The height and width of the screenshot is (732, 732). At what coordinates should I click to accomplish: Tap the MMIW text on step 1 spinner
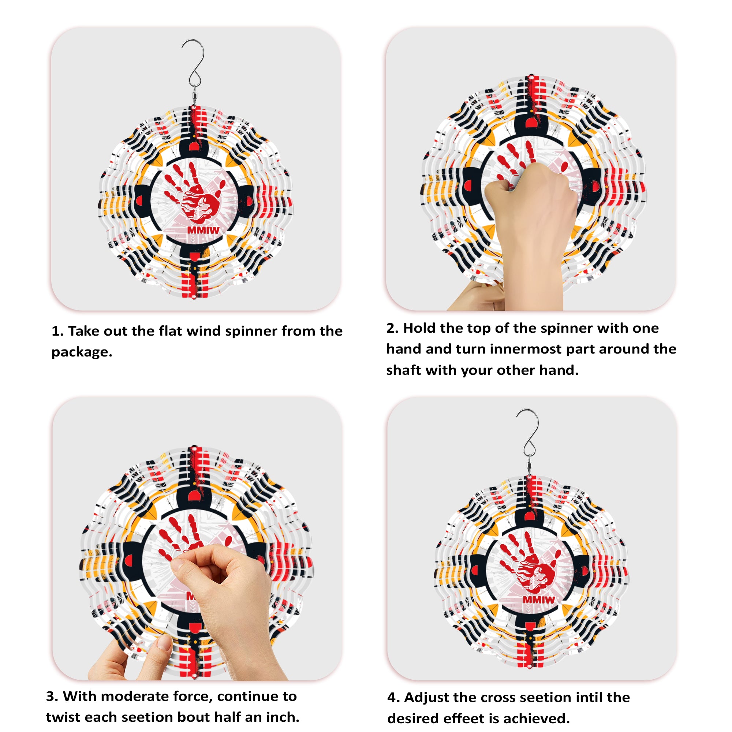pos(203,230)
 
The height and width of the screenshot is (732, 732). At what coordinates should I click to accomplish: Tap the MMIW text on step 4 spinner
pos(539,600)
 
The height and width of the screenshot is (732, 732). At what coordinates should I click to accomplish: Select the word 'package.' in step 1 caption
pos(82,352)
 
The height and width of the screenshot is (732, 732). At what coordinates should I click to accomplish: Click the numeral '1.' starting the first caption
pos(57,331)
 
